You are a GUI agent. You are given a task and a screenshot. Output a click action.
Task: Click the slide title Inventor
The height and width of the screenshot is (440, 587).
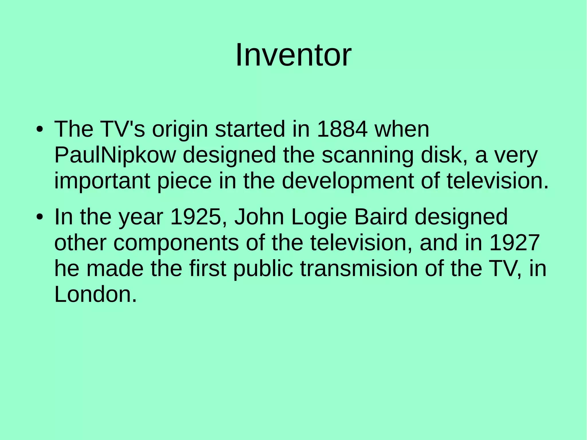293,55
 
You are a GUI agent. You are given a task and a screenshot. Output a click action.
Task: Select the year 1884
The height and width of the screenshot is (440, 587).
342,129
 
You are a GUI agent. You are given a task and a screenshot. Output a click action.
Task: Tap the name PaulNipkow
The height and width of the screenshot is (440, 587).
115,155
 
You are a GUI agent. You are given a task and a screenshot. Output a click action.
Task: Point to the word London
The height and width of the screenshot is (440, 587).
95,294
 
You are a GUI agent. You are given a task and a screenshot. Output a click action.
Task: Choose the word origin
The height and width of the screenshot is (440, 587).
180,130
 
